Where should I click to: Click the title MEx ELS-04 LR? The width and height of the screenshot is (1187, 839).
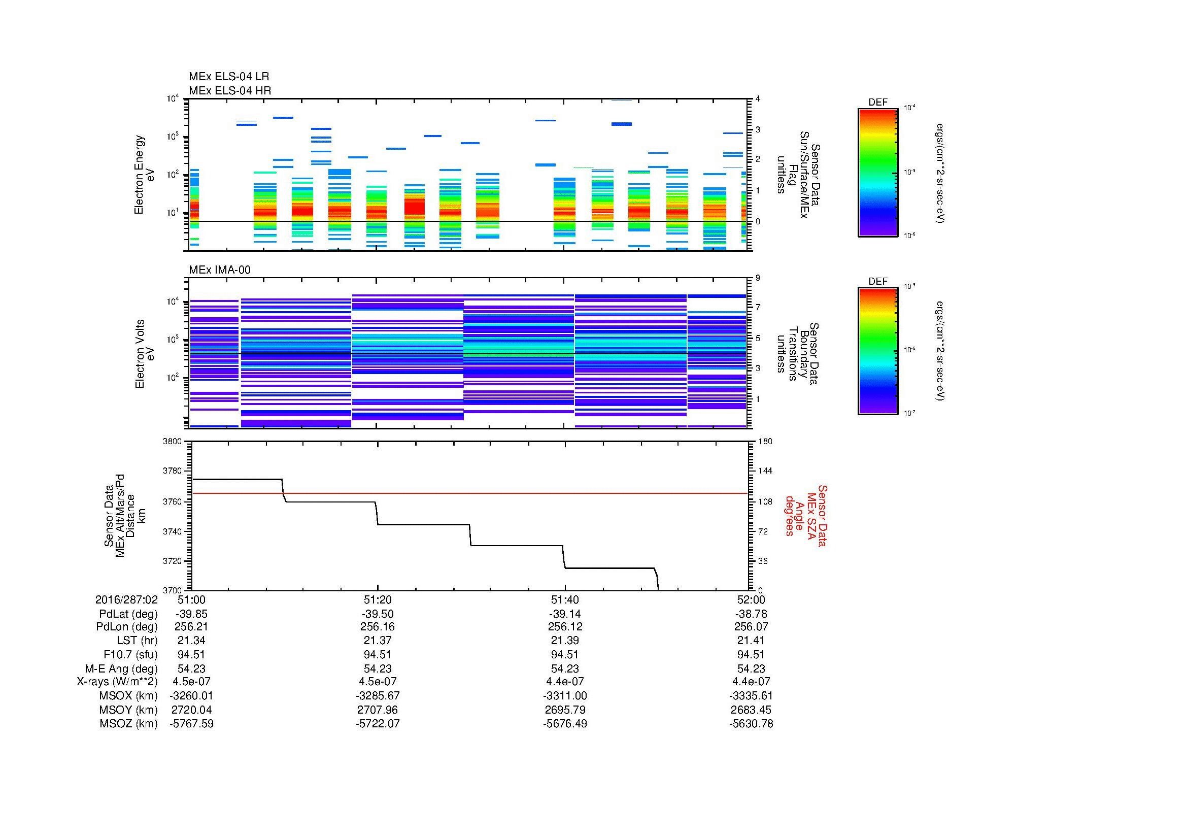228,77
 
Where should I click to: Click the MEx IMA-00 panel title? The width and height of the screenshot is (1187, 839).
219,270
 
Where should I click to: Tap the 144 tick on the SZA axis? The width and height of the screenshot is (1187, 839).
765,471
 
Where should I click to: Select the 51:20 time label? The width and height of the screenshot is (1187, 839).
378,599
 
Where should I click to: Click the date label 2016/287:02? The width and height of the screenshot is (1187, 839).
126,599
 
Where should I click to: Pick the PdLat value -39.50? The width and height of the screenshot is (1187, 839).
378,614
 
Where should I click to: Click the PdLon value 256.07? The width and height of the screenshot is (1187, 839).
751,626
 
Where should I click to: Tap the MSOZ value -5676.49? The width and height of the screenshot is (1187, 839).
564,724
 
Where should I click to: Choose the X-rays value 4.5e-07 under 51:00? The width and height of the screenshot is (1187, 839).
191,682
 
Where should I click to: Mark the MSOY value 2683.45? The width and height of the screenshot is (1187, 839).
751,710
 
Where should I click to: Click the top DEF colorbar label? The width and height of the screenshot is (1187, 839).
877,103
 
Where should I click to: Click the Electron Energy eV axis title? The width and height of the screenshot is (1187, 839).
144,175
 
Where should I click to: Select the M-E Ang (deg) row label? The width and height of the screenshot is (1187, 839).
121,668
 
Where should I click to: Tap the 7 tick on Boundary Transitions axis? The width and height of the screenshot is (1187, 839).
758,308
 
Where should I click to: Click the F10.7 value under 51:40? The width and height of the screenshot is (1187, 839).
564,654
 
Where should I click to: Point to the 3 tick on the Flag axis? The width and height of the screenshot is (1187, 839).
758,130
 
